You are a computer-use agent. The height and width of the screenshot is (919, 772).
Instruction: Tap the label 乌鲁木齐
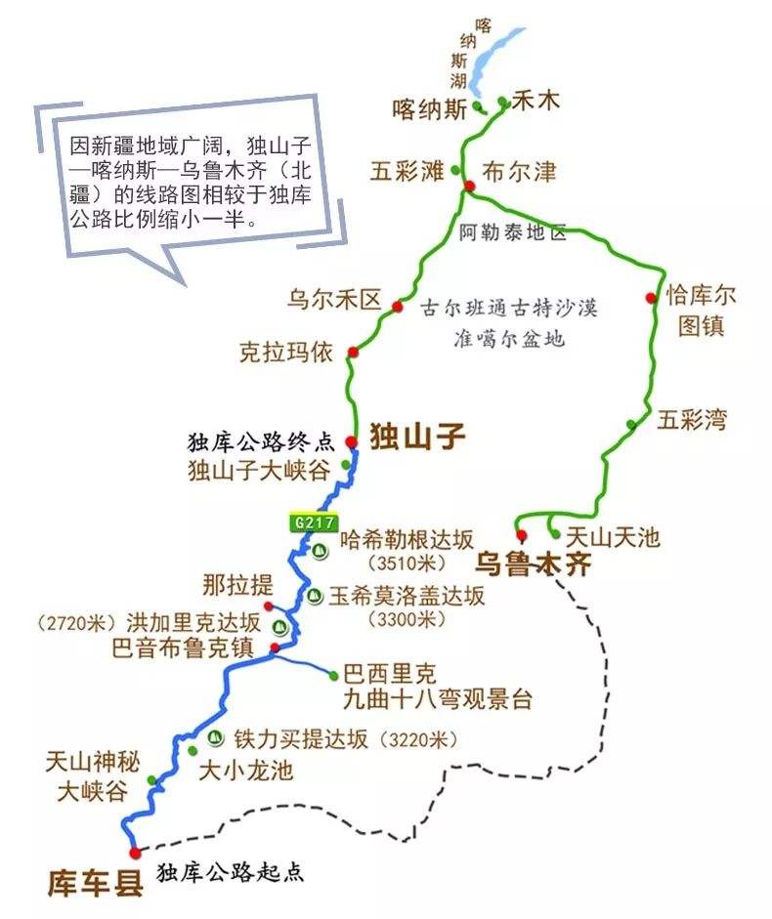[533, 564]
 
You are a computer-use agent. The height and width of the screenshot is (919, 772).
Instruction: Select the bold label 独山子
[416, 436]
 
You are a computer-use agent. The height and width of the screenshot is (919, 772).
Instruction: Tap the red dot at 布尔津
[469, 186]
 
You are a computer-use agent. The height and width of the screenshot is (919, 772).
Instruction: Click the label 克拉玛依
[286, 352]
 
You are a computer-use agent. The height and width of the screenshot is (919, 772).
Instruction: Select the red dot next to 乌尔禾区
[398, 307]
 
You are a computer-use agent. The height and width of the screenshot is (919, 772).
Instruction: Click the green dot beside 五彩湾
[632, 424]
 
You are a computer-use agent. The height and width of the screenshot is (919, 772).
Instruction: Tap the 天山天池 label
[614, 535]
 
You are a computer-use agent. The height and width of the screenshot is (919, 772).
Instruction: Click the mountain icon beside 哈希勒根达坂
[320, 550]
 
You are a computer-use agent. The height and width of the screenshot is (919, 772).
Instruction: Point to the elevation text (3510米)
[407, 564]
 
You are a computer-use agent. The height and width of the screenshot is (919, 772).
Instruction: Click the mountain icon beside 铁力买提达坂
[215, 736]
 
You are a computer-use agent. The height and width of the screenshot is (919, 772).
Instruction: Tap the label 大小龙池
[245, 770]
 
